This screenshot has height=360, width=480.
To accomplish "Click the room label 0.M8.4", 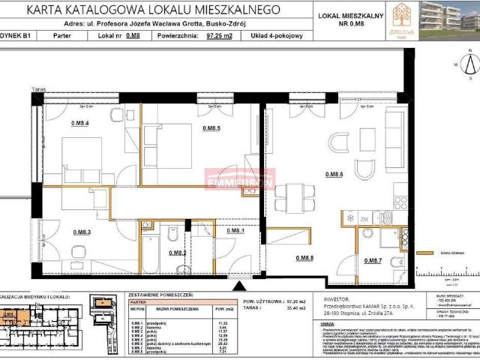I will (80, 124).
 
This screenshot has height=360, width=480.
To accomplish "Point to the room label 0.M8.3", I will (82, 232).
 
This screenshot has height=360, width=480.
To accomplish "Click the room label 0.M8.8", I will (304, 258).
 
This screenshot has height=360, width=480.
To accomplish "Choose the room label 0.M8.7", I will (373, 260).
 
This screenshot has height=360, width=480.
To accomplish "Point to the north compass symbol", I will (470, 66).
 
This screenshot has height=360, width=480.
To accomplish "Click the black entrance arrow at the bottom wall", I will (239, 286).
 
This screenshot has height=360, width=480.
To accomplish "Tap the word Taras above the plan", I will (39, 89).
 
